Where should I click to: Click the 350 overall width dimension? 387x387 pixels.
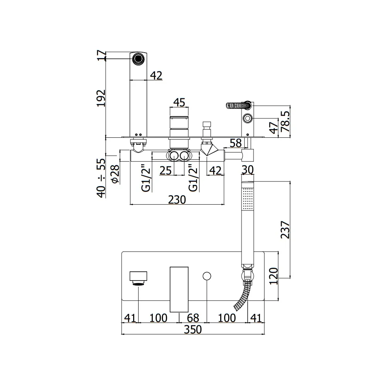pos(193,329)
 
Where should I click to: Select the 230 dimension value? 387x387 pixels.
pos(177,200)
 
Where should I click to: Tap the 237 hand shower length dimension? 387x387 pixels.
pos(285,229)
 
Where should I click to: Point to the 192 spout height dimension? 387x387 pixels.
pos(101,98)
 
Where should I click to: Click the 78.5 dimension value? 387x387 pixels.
pos(285,122)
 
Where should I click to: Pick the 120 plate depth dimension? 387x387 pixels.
pos(274,276)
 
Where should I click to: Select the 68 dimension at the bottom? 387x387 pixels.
pos(193,318)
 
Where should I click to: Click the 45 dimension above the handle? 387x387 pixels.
pos(179,103)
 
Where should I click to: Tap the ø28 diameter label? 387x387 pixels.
pos(115,174)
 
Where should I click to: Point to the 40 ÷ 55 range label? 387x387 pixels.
pos(101,178)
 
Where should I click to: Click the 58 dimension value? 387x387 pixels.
pos(235,143)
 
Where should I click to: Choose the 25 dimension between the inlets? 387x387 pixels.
pos(166,170)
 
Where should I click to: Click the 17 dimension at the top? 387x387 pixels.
pos(101,55)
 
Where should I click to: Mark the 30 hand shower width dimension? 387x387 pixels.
pos(248,170)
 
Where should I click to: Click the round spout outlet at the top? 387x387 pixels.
pos(138,59)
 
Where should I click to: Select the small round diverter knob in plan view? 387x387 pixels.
pos(207,276)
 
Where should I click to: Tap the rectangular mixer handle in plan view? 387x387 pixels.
pos(179,289)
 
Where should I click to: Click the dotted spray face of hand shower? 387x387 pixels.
pos(248,199)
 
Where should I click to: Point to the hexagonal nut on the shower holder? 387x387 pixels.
pos(247,118)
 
